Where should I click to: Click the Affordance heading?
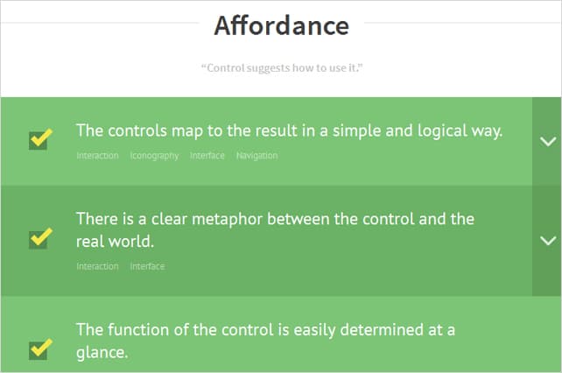281,25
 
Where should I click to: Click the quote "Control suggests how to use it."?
281,67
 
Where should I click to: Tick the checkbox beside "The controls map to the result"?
39,140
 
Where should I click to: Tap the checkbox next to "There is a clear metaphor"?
39,238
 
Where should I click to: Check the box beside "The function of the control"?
39,349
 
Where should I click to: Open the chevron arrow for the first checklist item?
548,141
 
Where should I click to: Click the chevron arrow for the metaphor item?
548,240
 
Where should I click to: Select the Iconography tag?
154,156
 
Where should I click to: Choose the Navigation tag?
256,156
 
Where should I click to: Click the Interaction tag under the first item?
97,156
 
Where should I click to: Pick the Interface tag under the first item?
207,156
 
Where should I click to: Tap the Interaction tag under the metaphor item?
97,266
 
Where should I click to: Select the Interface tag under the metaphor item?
147,266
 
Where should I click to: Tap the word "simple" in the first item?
327,131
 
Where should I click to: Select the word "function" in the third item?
137,330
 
